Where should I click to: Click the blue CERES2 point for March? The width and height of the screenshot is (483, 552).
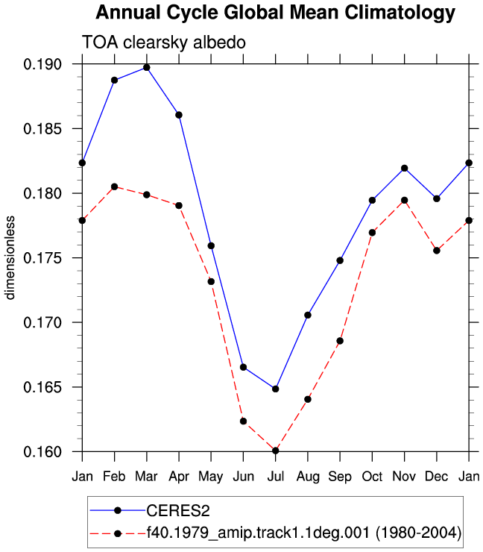pos(147,68)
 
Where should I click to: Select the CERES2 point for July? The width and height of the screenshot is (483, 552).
pos(276,389)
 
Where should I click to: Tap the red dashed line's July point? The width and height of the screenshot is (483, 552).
pos(276,451)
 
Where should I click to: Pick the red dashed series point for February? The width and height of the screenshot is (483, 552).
pos(114,186)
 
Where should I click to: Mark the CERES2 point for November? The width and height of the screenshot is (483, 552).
pos(405,169)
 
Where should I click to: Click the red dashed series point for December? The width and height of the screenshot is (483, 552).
pos(437,251)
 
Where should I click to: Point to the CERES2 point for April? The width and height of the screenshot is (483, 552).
pos(179,115)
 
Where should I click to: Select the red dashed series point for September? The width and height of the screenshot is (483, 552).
pos(340,341)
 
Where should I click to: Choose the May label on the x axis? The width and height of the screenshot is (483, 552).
pos(211,477)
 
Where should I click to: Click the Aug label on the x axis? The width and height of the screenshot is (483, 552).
pos(308,477)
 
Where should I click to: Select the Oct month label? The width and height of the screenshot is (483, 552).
pos(372,477)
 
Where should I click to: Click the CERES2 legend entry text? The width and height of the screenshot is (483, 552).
pos(178,511)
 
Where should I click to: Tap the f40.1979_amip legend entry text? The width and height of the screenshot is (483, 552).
pos(304,533)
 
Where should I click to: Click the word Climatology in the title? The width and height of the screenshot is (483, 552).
pos(400,13)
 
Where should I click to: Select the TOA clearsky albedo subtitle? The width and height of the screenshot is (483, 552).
pos(164,43)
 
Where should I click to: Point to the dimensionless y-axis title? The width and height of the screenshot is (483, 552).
pos(10,257)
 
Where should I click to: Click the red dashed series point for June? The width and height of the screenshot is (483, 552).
pos(243,421)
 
